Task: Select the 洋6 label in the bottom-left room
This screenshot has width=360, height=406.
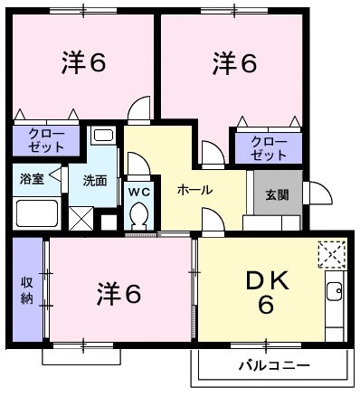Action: click(119, 293)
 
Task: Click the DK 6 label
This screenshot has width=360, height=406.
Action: click(265, 293)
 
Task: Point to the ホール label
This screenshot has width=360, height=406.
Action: click(194, 190)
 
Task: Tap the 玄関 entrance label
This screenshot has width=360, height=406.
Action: click(277, 193)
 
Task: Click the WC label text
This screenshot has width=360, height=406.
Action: click(139, 192)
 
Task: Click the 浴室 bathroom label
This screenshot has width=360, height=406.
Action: click(32, 179)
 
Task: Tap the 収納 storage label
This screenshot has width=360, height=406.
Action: click(27, 291)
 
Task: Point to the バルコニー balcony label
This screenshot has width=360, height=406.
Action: click(274, 366)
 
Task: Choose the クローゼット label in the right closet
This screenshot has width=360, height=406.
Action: click(267, 148)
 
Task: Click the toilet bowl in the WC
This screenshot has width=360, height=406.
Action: click(140, 217)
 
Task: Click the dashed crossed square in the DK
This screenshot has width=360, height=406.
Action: click(331, 254)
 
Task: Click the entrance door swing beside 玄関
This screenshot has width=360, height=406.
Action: click(317, 193)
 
